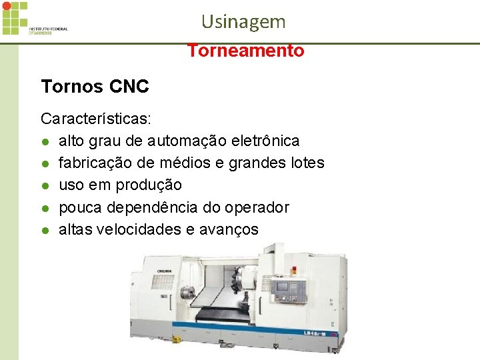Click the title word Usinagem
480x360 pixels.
[x=243, y=21]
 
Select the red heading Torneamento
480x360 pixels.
[x=245, y=51]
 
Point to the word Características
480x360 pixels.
[x=96, y=119]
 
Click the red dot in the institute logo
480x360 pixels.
[x=7, y=6]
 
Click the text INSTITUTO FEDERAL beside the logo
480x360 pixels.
[x=48, y=29]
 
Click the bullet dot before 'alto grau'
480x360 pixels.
[x=44, y=142]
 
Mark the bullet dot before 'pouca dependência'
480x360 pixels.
[x=44, y=208]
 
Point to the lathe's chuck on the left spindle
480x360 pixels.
[x=184, y=293]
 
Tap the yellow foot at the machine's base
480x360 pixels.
[x=176, y=339]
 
